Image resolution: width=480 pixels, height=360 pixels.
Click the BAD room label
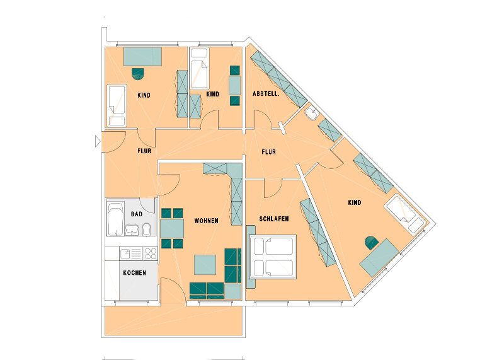(137, 214)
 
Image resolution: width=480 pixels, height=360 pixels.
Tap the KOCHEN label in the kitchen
(134, 273)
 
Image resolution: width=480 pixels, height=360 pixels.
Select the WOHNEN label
(207, 221)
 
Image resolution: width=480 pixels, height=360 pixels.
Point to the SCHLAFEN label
(274, 219)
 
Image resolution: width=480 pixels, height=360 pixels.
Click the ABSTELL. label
(266, 94)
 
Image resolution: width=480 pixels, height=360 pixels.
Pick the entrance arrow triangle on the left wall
(98, 141)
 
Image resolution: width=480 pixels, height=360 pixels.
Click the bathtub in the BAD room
(116, 219)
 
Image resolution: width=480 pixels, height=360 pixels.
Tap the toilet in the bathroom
(147, 229)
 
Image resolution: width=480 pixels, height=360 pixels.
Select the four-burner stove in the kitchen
(151, 253)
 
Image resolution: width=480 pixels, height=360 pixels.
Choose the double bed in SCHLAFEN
(273, 257)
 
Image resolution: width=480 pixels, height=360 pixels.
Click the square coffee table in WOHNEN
(205, 265)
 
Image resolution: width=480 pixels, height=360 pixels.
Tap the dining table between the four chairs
(172, 229)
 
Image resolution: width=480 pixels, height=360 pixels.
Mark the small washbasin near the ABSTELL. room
(312, 113)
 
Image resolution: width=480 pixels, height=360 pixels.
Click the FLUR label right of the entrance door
(144, 151)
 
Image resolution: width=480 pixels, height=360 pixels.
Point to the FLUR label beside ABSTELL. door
(268, 152)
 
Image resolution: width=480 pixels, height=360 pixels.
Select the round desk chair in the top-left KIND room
(138, 74)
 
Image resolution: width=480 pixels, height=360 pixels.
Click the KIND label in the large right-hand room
(355, 202)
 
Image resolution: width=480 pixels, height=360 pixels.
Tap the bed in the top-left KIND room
(117, 105)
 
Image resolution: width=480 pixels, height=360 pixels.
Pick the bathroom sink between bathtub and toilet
(132, 229)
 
